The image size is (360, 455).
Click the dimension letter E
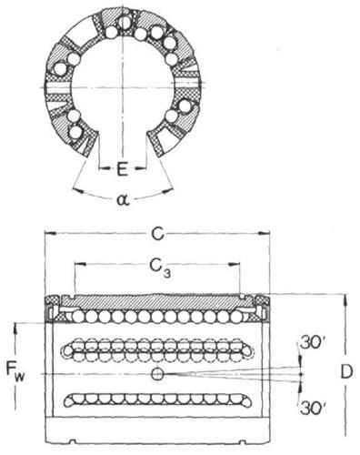[122, 169]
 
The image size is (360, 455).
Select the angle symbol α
[124, 200]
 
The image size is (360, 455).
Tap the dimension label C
[158, 234]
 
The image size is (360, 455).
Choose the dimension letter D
[346, 372]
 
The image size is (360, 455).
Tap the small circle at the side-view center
[157, 374]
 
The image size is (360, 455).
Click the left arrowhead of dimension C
[50, 234]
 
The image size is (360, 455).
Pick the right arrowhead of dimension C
[264, 234]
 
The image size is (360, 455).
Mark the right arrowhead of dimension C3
[234, 265]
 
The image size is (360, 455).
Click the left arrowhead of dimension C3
[80, 265]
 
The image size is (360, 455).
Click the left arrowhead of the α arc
[79, 190]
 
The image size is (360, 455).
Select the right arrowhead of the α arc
[167, 190]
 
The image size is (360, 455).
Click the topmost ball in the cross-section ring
[125, 22]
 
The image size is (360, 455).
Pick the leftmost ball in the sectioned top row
[78, 317]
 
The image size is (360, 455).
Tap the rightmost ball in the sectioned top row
[236, 317]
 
